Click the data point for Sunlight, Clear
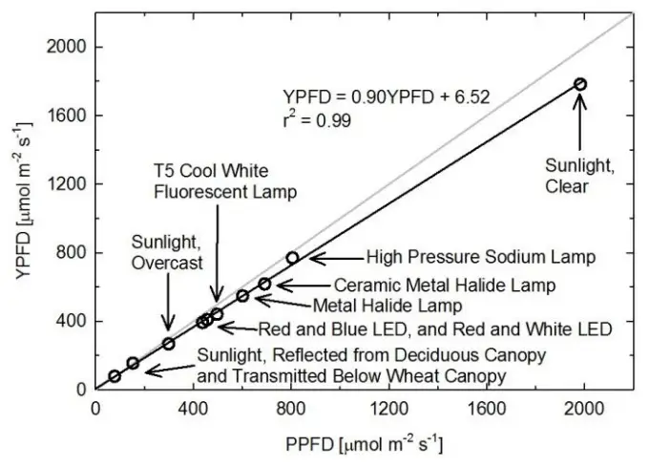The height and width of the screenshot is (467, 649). click(x=579, y=84)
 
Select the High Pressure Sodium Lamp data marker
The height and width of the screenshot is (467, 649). click(x=292, y=258)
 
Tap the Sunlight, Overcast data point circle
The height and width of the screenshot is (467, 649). click(x=169, y=344)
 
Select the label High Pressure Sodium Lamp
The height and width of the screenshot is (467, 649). click(x=481, y=258)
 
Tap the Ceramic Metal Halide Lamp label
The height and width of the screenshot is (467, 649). click(x=445, y=285)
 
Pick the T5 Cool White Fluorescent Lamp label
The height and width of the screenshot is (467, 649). click(x=225, y=182)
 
